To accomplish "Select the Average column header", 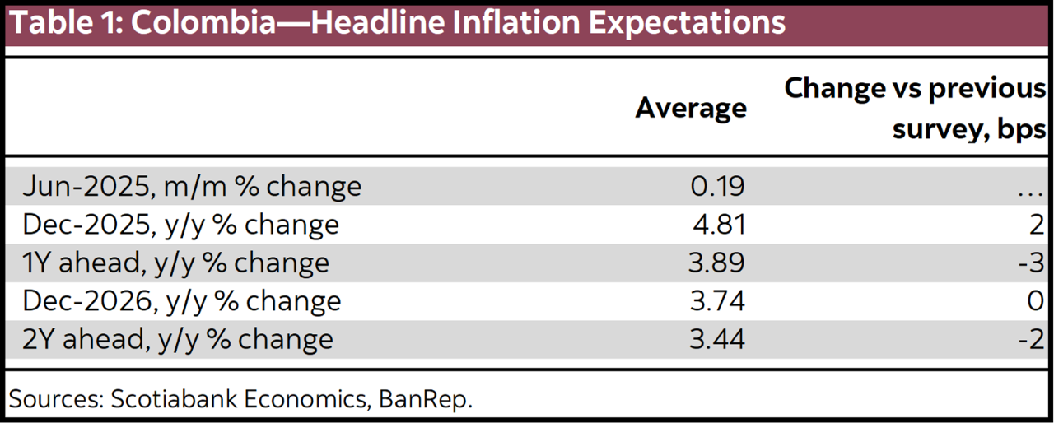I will click(x=690, y=108).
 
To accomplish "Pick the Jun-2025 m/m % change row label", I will click(x=192, y=186).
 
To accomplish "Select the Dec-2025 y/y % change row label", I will click(x=180, y=225).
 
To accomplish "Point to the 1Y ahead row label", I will click(x=175, y=263).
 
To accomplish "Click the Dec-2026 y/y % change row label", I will click(x=181, y=300).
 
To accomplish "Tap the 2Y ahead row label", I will click(x=178, y=339).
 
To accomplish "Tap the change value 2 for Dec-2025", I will click(x=1037, y=225).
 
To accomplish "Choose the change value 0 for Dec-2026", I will click(x=1037, y=300).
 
